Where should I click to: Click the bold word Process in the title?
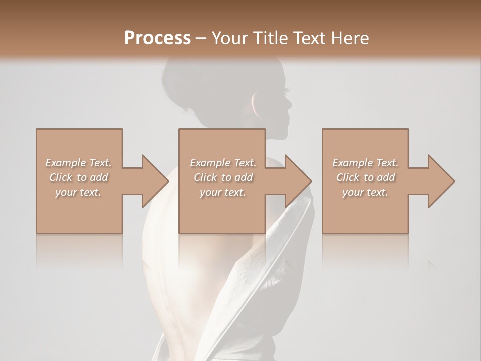(x=157, y=38)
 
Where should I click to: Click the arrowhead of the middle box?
(x=298, y=181)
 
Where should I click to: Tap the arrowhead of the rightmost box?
(x=441, y=181)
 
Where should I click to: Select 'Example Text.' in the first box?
(x=78, y=163)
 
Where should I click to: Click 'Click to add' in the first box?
(x=78, y=177)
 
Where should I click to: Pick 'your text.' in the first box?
(x=78, y=192)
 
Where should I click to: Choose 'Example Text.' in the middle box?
(x=223, y=163)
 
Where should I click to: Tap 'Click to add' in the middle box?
(x=223, y=177)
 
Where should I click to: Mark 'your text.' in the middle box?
(x=223, y=192)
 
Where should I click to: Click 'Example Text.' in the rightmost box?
(x=365, y=163)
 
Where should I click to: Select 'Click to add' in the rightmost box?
(x=365, y=177)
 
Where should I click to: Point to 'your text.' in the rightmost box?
(x=365, y=192)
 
